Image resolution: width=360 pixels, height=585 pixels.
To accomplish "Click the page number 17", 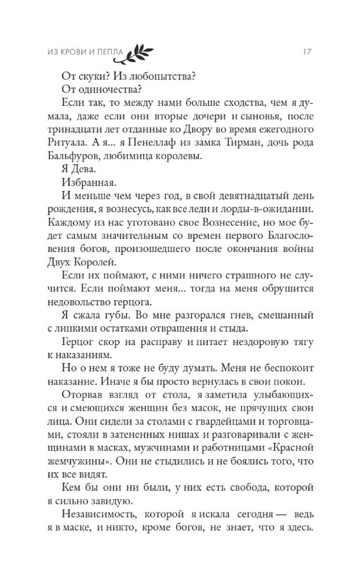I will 306,51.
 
